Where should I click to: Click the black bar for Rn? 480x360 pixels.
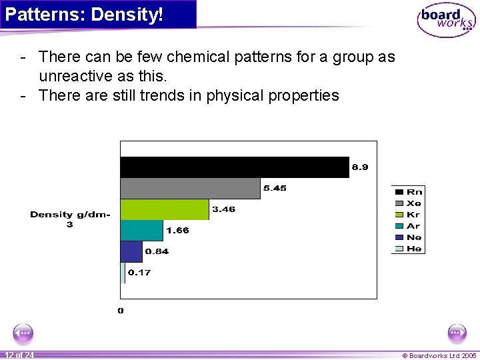click(x=234, y=167)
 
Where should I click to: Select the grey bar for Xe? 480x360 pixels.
click(x=190, y=189)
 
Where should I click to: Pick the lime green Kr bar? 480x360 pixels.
click(x=164, y=209)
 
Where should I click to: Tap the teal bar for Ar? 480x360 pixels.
click(x=141, y=230)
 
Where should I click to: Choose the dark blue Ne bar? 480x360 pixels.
click(x=131, y=251)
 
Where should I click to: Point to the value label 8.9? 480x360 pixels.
click(x=359, y=167)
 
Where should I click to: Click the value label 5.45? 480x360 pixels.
click(x=275, y=188)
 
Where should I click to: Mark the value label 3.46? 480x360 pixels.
click(x=223, y=209)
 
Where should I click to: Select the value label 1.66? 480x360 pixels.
click(x=177, y=230)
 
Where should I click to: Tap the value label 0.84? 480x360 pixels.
click(x=157, y=251)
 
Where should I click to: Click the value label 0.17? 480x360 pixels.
click(x=139, y=272)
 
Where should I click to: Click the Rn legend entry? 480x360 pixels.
click(x=408, y=191)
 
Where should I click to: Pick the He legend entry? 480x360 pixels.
click(x=408, y=249)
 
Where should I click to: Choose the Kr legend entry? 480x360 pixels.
click(x=408, y=215)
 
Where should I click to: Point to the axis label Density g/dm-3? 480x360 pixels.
click(x=70, y=219)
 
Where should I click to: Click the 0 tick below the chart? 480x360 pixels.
click(x=121, y=311)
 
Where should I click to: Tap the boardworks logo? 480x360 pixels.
click(x=446, y=20)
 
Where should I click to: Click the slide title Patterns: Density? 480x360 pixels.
click(x=84, y=14)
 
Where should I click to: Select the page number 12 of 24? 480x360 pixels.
click(x=19, y=355)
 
